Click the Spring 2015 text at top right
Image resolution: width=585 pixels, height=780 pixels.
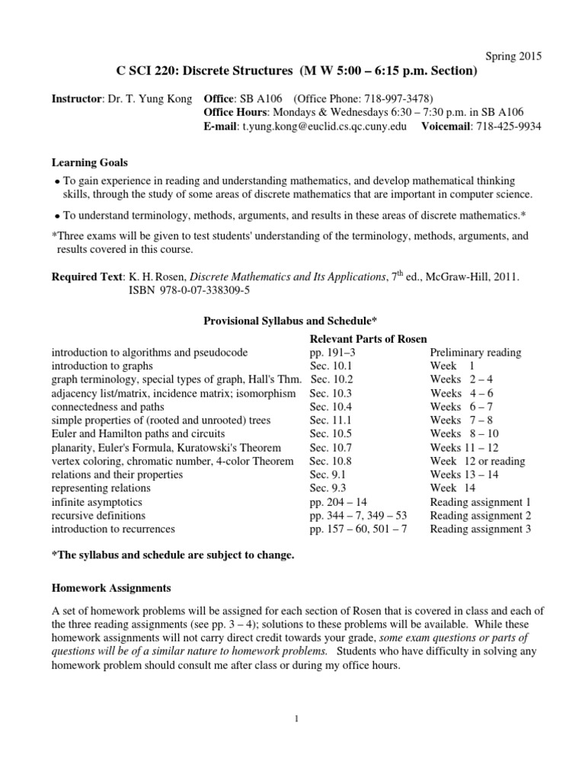pyautogui.click(x=513, y=56)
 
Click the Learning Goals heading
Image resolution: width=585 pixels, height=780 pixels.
pyautogui.click(x=89, y=163)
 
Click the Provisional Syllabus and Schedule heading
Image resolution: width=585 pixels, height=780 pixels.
pyautogui.click(x=292, y=322)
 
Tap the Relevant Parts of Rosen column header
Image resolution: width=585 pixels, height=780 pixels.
pyautogui.click(x=368, y=339)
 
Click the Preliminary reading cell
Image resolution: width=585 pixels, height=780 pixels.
pyautogui.click(x=475, y=353)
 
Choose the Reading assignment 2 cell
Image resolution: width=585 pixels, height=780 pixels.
pyautogui.click(x=480, y=515)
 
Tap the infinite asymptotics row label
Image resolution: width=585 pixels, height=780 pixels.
pyautogui.click(x=97, y=502)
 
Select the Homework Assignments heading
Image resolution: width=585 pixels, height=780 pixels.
pyautogui.click(x=111, y=588)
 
